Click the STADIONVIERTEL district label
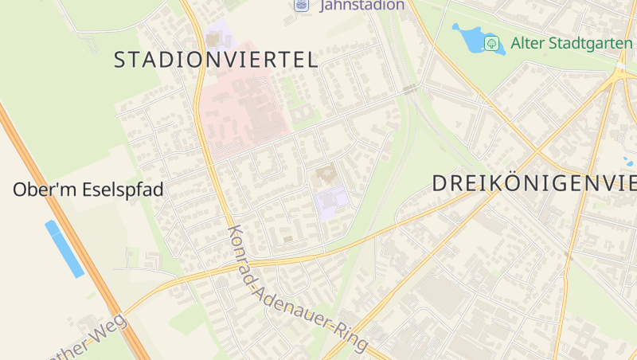click(216, 59)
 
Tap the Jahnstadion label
click(362, 5)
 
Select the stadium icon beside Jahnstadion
click(301, 5)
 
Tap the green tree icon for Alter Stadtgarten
click(493, 42)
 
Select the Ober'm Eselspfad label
click(88, 190)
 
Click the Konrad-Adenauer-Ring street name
click(296, 288)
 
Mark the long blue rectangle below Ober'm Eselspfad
click(64, 248)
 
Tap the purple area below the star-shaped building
click(331, 204)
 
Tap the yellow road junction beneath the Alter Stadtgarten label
click(619, 76)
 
